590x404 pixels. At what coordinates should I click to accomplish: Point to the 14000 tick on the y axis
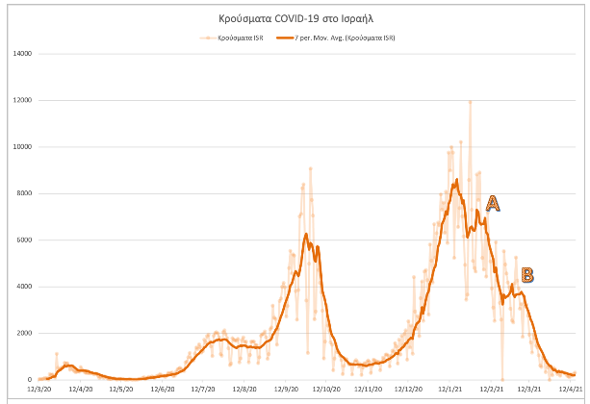[x=21, y=54]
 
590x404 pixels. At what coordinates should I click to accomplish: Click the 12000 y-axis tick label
[x=21, y=100]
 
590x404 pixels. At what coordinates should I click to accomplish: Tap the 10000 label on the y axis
[x=21, y=147]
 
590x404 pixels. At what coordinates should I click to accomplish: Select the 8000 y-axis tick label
[x=23, y=193]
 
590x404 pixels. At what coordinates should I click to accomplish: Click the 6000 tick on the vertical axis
[x=23, y=240]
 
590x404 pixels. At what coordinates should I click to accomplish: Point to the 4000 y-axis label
[x=23, y=287]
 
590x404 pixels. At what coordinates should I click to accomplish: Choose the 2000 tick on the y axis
[x=23, y=333]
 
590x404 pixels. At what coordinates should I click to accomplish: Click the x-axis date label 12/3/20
[x=39, y=390]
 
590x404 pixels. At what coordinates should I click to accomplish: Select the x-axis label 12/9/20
[x=286, y=390]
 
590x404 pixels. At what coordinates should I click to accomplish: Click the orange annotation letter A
[x=493, y=203]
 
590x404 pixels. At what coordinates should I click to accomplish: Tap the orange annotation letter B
[x=526, y=275]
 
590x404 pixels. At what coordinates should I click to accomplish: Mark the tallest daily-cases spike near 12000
[x=470, y=102]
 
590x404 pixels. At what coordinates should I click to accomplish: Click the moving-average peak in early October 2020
[x=305, y=234]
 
